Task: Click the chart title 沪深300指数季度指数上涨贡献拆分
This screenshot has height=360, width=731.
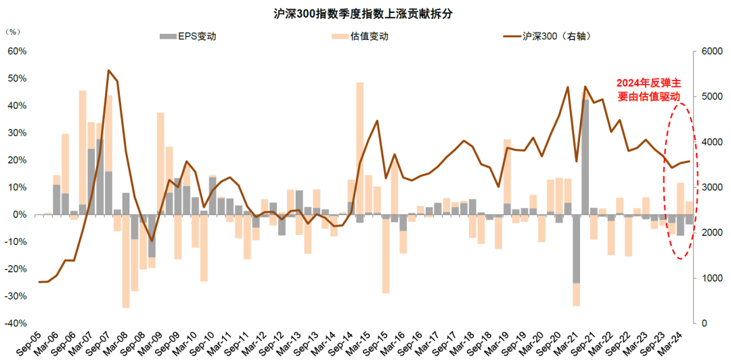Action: [365, 14]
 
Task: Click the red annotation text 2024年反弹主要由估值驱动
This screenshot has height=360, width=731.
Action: [648, 89]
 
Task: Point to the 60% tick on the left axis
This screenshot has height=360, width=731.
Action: [17, 51]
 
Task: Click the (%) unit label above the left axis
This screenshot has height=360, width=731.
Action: [13, 32]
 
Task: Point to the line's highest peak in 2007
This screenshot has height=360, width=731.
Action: [108, 70]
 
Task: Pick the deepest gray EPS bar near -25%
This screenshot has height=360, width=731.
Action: [576, 249]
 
